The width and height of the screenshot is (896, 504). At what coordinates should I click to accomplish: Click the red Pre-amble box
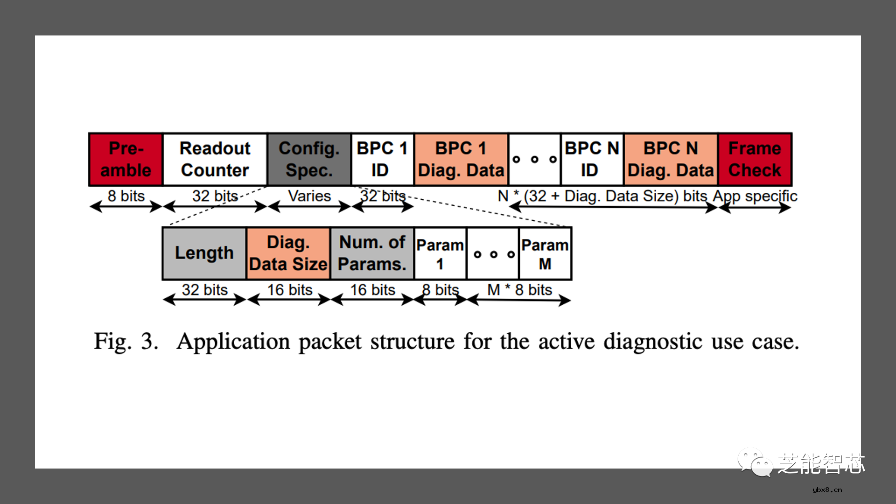(126, 159)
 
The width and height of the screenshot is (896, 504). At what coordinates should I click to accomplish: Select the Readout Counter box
(215, 159)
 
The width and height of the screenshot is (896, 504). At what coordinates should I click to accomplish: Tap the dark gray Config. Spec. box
(309, 159)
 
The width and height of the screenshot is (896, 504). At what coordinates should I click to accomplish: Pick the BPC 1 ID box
(383, 159)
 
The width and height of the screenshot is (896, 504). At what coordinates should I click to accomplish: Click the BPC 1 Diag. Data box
(462, 159)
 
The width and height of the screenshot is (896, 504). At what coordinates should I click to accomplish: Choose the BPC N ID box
(592, 159)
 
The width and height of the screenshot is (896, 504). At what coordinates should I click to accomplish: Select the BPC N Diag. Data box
(671, 159)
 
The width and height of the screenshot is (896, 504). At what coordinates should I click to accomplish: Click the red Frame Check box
(755, 159)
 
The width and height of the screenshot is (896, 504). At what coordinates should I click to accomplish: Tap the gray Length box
(204, 253)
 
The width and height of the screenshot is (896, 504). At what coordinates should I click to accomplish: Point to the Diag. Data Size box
(288, 253)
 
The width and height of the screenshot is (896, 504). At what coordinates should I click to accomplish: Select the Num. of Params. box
(372, 253)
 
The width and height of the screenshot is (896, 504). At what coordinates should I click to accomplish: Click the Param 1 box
(441, 253)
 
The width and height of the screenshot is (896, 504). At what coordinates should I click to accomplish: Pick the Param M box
(546, 253)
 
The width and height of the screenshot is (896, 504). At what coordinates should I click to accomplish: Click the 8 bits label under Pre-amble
(126, 196)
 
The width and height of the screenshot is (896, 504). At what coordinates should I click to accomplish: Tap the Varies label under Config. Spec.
(309, 196)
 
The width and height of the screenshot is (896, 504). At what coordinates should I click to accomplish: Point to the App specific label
(755, 196)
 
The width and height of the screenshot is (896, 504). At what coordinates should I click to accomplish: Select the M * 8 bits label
(520, 290)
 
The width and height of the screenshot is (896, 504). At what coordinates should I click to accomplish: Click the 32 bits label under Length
(205, 290)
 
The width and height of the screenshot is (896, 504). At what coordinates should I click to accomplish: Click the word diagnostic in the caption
(653, 342)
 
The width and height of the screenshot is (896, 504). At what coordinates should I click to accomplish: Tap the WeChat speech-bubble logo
(755, 462)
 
